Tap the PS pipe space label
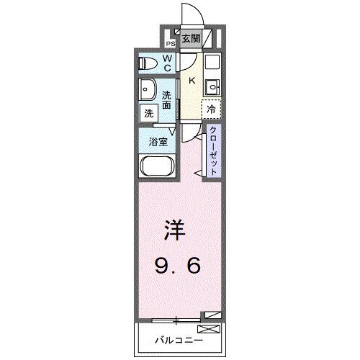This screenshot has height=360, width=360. pos(171,42)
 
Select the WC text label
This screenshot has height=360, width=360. pos(166,63)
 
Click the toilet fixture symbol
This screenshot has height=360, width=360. pos(147,63)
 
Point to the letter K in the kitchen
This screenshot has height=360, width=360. pos(192,81)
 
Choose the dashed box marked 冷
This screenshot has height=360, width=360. pos(211,109)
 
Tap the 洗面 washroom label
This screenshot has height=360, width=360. pos(166,99)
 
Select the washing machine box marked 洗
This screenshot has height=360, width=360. pos(148,112)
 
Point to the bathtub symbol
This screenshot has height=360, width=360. pos(156,168)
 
